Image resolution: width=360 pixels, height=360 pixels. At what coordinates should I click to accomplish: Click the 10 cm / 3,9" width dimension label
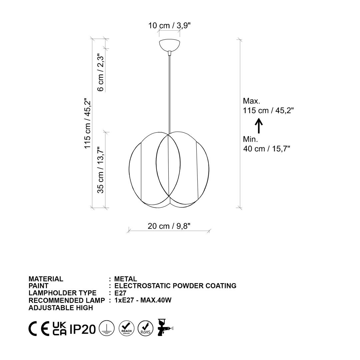(169, 25)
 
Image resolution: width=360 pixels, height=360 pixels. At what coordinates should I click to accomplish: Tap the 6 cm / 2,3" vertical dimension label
(101, 72)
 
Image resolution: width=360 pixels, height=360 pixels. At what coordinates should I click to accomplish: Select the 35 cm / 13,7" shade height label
(101, 170)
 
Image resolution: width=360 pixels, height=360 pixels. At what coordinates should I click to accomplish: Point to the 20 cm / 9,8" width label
(169, 226)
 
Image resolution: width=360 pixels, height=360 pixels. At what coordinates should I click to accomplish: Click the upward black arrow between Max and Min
(259, 126)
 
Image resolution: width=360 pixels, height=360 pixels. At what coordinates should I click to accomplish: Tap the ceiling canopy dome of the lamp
(169, 45)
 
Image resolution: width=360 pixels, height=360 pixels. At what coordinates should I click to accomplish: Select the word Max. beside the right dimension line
(251, 101)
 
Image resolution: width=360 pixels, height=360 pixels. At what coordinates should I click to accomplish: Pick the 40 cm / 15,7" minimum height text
(267, 149)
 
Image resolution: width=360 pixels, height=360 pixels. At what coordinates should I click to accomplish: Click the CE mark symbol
(39, 328)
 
